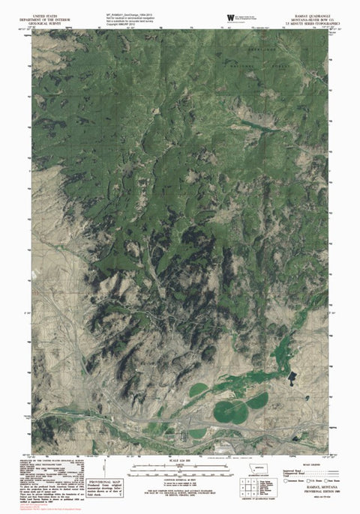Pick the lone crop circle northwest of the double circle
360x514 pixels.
pyautogui.click(x=198, y=390)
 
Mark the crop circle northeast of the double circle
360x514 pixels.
pyautogui.click(x=257, y=401)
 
